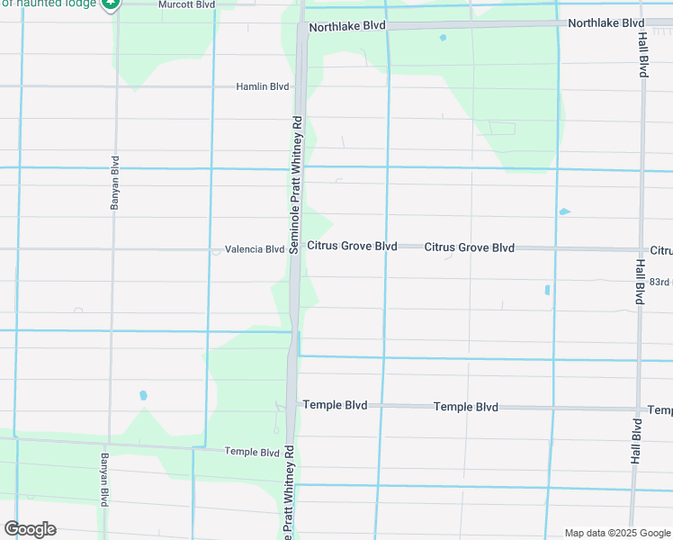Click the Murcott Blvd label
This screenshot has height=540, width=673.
coord(186,4)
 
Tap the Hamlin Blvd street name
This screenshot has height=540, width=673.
coord(262,86)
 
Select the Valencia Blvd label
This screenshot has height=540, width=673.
coord(255,249)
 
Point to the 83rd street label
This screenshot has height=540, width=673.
coord(660,282)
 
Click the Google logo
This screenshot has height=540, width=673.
coord(30,529)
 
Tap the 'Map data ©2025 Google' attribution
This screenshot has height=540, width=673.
coord(616,533)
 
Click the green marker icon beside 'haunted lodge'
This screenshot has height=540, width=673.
coord(111,4)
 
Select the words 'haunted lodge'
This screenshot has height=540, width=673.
coord(49,4)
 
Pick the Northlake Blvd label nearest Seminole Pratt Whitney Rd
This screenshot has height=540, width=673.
coord(346,27)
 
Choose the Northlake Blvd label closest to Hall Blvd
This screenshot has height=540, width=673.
coord(606,22)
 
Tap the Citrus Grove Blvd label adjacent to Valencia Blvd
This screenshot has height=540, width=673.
coord(352,246)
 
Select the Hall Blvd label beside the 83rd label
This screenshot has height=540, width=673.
coord(639,282)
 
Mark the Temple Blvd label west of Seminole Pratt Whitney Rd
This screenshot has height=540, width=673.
coord(252,452)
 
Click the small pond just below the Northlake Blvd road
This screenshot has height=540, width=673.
coord(442,38)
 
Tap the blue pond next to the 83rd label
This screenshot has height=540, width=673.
coord(547,290)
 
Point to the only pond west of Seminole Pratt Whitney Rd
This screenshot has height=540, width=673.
coord(143,395)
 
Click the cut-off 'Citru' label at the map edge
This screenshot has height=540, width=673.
coord(660,250)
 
